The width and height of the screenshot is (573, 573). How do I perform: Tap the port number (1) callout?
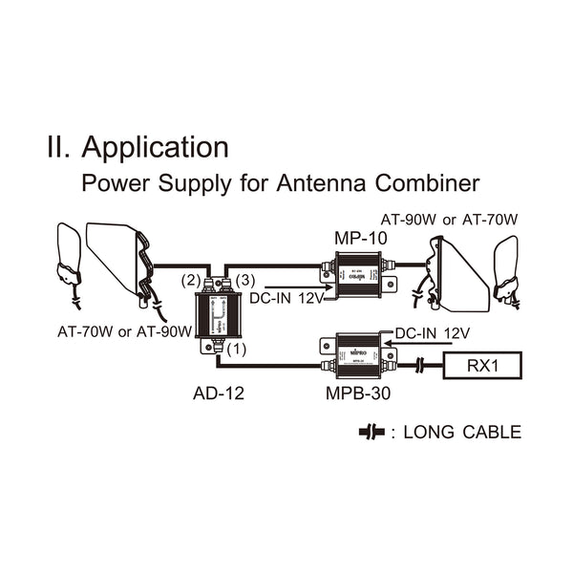tap(238, 350)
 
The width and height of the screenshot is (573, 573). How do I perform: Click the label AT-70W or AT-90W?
tap(123, 331)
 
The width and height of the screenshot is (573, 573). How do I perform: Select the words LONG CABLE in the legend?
tap(463, 433)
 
